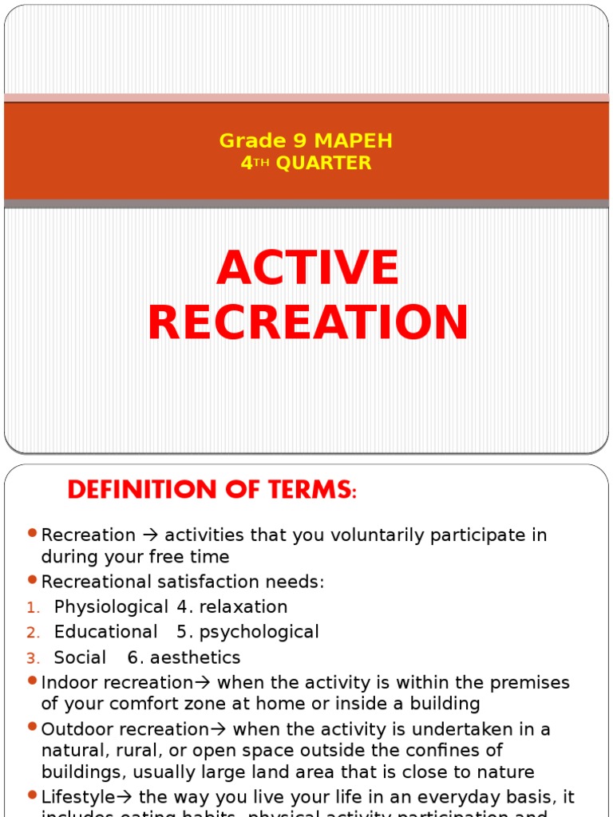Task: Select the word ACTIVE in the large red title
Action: click(x=307, y=268)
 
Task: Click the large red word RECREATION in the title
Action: click(x=307, y=323)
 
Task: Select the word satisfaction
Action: click(x=200, y=582)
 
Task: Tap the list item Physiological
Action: click(x=111, y=607)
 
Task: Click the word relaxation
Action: click(x=243, y=607)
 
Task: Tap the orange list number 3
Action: click(x=32, y=658)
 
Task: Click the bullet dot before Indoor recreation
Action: click(x=32, y=681)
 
